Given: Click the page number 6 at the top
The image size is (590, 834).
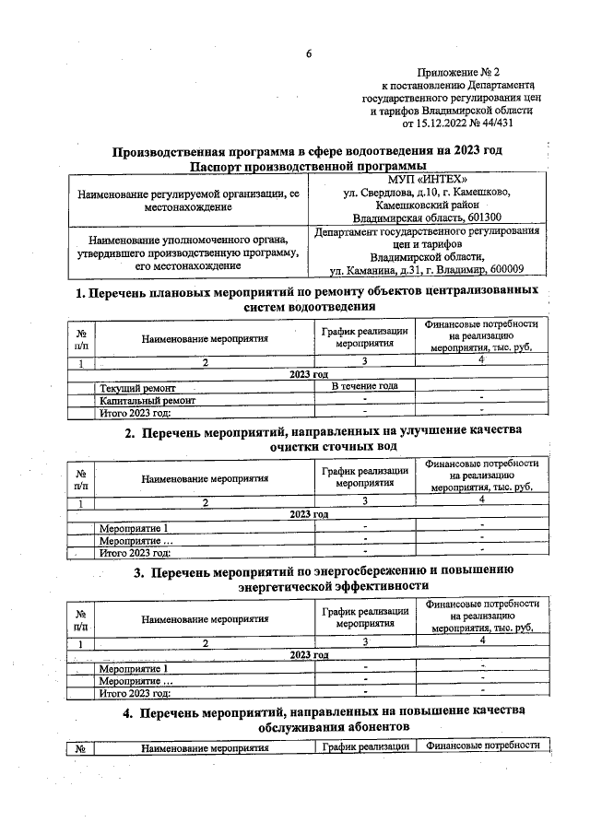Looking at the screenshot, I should (309, 53).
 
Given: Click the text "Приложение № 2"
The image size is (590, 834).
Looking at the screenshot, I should (457, 71).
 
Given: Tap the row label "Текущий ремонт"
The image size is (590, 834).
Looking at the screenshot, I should (139, 388).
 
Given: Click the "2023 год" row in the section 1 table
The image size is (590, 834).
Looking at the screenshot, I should (309, 374).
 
